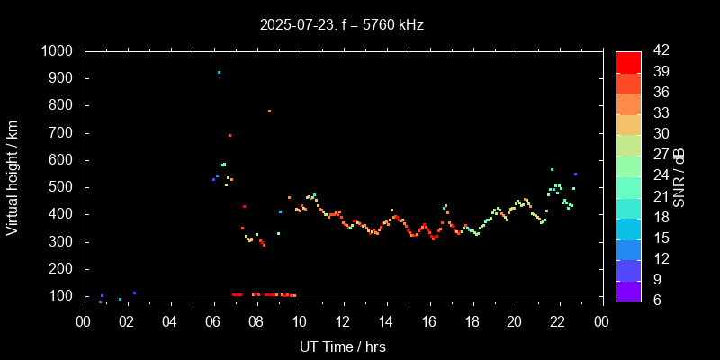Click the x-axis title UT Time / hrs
(x=342, y=346)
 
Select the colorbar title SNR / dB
(x=679, y=175)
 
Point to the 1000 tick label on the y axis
(x=58, y=52)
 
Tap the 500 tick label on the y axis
(x=63, y=187)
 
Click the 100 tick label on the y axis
(x=63, y=296)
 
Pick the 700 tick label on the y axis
(x=63, y=133)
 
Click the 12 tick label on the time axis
(x=342, y=321)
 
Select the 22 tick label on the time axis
(x=558, y=321)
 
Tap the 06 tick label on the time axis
(x=212, y=321)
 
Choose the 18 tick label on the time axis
(x=472, y=321)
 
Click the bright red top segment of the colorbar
(x=628, y=62)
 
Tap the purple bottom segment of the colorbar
(x=628, y=290)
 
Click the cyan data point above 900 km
(x=219, y=72)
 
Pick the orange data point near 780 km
(x=269, y=111)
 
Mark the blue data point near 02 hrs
(x=134, y=292)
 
